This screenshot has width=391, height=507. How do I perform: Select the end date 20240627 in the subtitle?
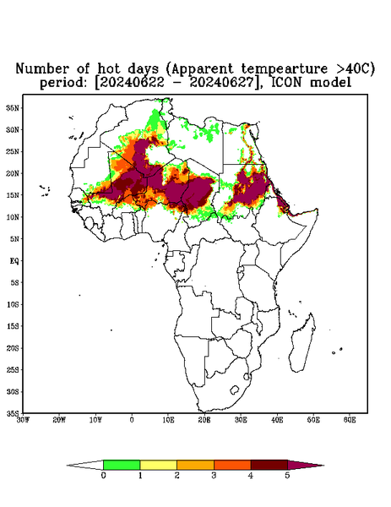[x=221, y=83]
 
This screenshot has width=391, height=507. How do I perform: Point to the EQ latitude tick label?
[x=14, y=260]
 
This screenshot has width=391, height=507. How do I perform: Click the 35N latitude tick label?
[x=13, y=108]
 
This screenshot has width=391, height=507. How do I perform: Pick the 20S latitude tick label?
[x=13, y=348]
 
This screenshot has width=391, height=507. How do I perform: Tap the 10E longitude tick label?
[x=168, y=420]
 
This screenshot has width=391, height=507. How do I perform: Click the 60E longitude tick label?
[x=350, y=420]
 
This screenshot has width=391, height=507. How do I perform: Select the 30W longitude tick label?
[x=23, y=420]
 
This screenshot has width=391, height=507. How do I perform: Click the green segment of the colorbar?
[x=122, y=465]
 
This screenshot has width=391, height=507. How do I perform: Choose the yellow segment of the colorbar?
[x=158, y=465]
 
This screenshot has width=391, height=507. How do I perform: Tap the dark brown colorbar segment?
[x=269, y=465]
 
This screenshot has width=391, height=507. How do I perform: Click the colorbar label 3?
[x=214, y=476]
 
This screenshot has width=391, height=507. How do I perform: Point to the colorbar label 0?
[x=103, y=476]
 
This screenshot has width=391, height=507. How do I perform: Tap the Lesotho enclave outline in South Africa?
[x=234, y=390]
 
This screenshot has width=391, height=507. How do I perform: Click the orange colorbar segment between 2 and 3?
[x=195, y=465]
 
